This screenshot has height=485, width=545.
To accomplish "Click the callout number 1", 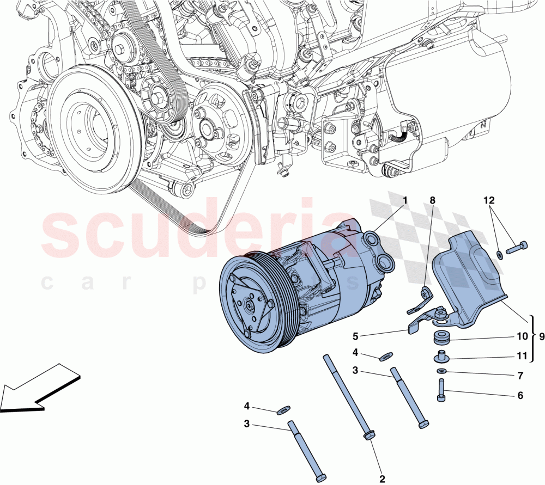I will point(405,201).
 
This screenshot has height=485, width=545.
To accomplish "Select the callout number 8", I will point(432,201).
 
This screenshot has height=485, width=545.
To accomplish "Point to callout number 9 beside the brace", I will point(541,336).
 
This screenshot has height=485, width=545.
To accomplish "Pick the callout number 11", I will point(522,357).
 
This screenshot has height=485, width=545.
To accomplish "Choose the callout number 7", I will point(520,376).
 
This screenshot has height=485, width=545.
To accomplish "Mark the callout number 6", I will point(520,396).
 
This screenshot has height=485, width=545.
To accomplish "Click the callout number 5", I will point(355,336).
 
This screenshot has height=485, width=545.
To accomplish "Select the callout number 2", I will point(382,479).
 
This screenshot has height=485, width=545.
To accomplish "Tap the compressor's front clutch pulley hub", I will point(249,305).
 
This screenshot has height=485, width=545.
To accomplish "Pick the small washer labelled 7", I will point(441,371).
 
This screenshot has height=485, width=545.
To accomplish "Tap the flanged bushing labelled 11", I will point(440,358).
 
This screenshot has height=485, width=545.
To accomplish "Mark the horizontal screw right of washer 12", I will point(517,248).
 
